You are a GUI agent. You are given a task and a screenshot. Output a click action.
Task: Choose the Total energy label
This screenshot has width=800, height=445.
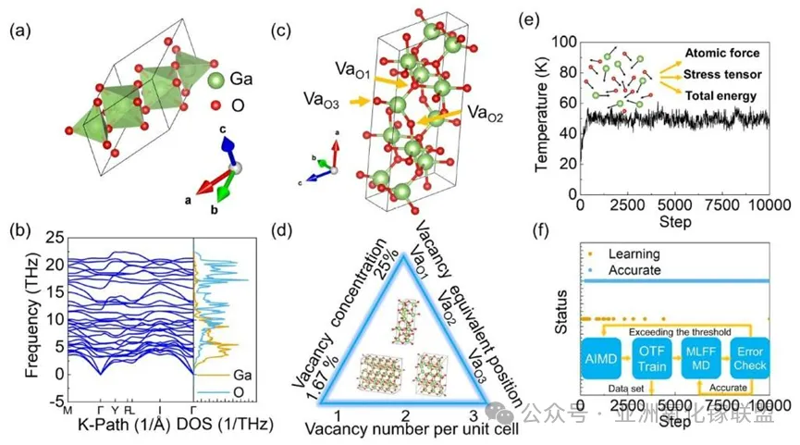[722, 94]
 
